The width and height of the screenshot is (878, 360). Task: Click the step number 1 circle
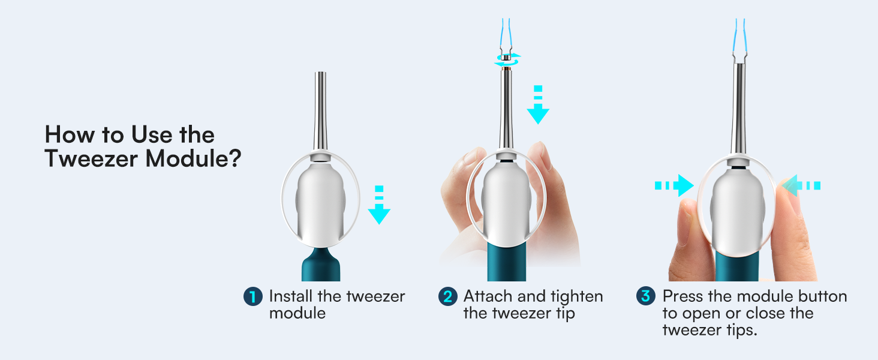(252, 297)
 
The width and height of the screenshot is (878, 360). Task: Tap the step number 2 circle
(447, 297)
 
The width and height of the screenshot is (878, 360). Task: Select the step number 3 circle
(645, 296)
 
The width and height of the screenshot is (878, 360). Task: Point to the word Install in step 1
(290, 296)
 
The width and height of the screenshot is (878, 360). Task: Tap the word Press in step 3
(682, 296)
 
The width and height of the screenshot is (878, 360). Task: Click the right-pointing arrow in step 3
(674, 186)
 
